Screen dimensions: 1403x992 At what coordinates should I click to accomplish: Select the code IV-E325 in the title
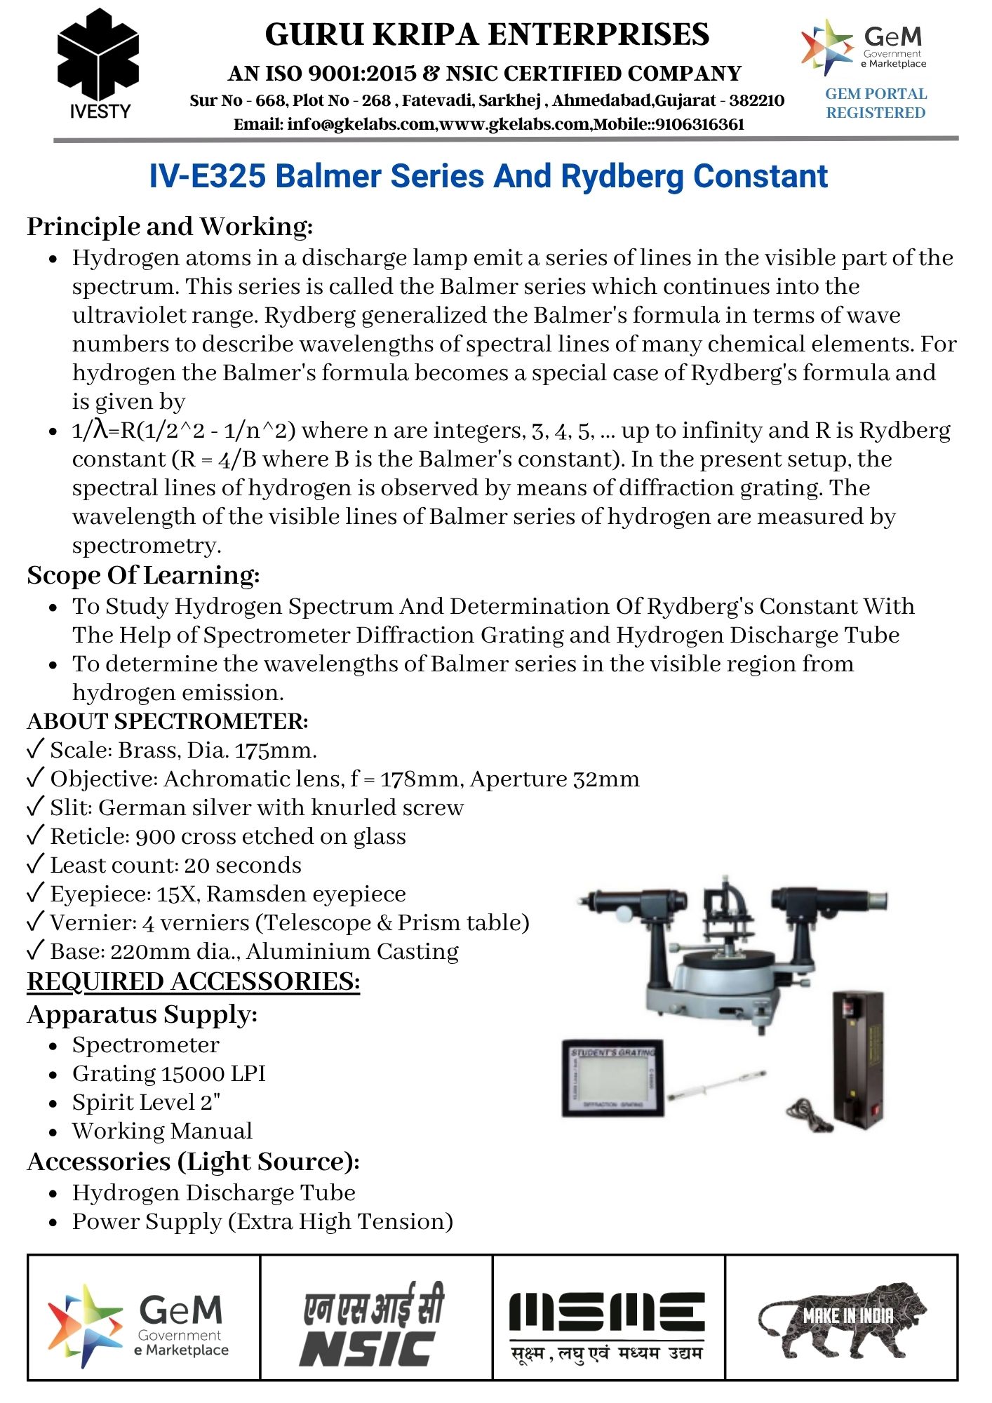coord(208,176)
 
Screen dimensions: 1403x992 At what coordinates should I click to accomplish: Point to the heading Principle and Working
coord(170,227)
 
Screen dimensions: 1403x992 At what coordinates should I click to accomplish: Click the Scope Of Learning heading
coord(143,575)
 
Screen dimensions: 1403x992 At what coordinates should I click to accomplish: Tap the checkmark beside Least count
coord(35,865)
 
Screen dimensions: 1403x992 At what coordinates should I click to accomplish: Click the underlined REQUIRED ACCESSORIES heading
coord(193,981)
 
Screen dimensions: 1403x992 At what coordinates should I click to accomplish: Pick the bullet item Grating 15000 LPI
coord(168,1074)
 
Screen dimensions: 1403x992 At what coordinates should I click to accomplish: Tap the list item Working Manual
coord(162,1132)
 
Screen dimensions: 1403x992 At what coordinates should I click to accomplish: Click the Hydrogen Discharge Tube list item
coord(213,1193)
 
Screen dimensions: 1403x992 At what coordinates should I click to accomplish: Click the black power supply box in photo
coord(857,1056)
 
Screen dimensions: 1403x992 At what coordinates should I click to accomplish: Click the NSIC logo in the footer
coord(374,1324)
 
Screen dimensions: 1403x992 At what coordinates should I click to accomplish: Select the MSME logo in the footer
coord(608,1324)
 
